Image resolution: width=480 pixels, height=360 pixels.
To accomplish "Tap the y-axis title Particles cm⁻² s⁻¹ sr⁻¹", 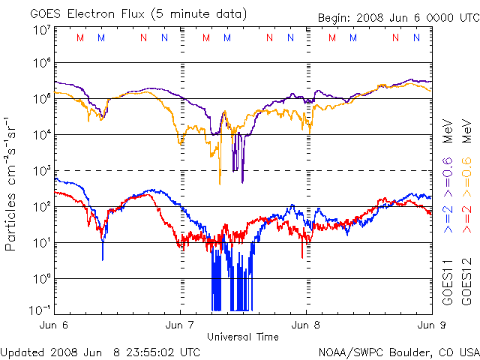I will [x=13, y=183].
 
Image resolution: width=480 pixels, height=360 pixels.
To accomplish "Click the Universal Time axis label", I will [x=243, y=337].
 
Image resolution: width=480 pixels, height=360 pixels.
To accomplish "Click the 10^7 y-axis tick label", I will [x=42, y=30].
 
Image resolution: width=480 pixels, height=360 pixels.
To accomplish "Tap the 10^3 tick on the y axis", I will [x=42, y=171].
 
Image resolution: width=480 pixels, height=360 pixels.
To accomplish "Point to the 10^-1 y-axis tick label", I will [x=40, y=310].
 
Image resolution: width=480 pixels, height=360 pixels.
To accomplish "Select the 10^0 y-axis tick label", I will [x=42, y=279].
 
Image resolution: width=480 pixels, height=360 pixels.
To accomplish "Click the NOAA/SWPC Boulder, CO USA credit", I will [x=398, y=351].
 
